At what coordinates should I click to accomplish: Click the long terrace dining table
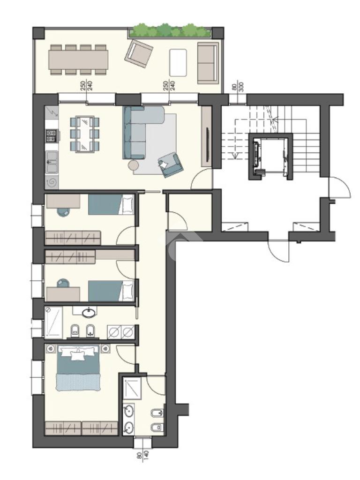pos(79,60)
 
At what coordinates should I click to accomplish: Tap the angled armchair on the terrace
pos(139,53)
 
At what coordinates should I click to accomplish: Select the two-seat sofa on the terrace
pos(208,63)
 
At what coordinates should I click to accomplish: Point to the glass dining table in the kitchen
pos(85,134)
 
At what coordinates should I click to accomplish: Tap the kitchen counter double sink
pos(51,162)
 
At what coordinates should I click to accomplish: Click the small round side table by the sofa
pos(134,165)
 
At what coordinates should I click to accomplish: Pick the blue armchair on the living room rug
pos(171,165)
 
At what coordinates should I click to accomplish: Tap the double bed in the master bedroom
pos(78,367)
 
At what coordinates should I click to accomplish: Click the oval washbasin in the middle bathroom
pos(89,313)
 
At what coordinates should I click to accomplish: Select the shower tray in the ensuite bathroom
pos(132,388)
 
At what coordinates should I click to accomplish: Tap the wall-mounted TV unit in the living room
pos(206,136)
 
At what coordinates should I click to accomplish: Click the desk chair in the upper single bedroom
pos(64,212)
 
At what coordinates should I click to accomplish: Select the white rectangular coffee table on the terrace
pos(178,62)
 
